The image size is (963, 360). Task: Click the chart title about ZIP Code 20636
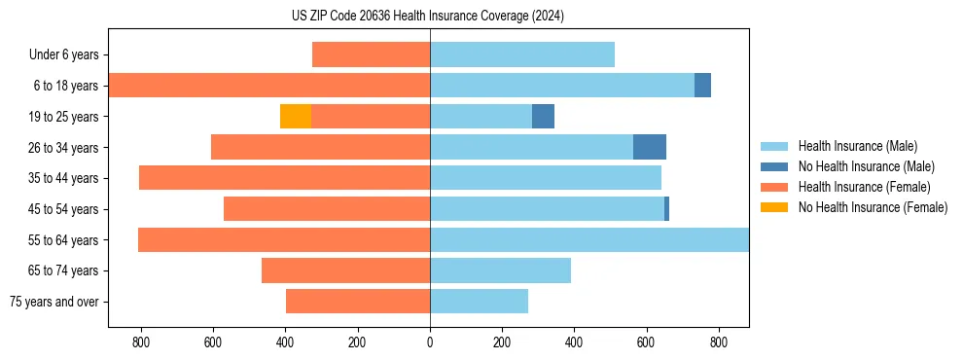[428, 17]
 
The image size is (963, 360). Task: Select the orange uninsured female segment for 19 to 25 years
[296, 117]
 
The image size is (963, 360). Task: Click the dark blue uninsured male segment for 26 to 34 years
[650, 147]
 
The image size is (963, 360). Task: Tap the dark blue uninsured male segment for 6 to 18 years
[702, 86]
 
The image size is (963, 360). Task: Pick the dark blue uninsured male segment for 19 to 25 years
[543, 117]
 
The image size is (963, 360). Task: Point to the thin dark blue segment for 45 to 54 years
[666, 209]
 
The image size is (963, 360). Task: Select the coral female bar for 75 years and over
[358, 302]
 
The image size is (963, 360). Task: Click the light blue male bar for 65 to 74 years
[500, 270]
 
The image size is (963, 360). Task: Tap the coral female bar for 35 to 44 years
[285, 178]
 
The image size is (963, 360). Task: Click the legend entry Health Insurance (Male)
[857, 146]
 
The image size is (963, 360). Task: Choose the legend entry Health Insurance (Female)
[864, 187]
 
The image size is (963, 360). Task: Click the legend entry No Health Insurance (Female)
[873, 207]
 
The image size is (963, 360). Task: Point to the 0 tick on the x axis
[430, 342]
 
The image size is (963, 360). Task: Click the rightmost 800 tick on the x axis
[719, 342]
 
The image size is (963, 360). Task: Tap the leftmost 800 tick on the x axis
[141, 342]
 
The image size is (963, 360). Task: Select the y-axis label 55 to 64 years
[64, 240]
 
